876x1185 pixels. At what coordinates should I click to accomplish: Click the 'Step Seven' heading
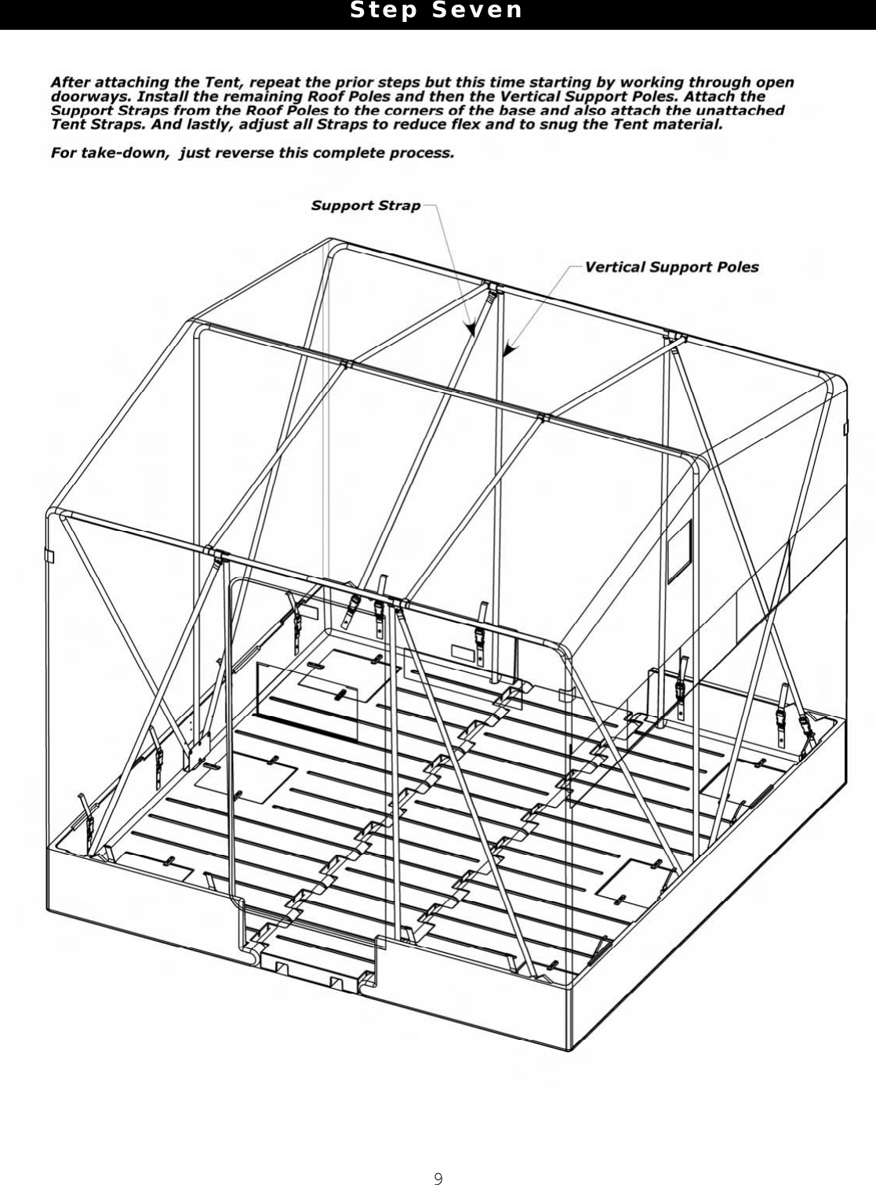[436, 11]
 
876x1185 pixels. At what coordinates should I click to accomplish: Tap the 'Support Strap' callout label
[365, 205]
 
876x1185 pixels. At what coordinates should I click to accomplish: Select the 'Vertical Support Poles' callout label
[671, 267]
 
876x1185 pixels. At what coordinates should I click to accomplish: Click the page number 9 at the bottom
[438, 1178]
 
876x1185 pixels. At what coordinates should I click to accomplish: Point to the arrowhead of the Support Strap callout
[472, 333]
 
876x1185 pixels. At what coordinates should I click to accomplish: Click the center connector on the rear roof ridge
[492, 288]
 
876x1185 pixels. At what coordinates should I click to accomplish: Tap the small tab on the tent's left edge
[49, 556]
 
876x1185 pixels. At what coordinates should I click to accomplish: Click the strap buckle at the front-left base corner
[93, 823]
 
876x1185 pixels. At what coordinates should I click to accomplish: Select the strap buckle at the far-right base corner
[805, 725]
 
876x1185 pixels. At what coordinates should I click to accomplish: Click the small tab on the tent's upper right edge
[845, 429]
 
